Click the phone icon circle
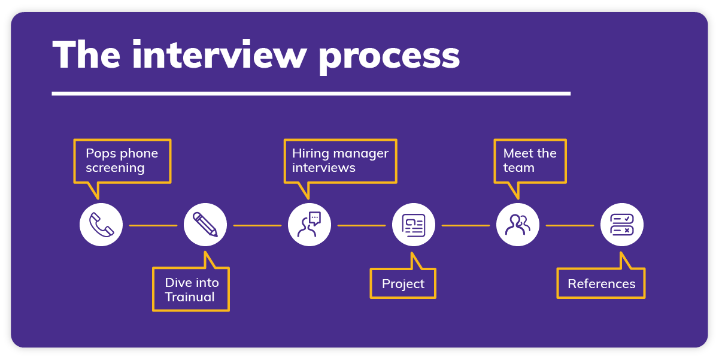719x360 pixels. click(101, 225)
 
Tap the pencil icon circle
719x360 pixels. click(205, 225)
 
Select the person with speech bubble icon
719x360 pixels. click(310, 225)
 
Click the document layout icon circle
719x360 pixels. click(414, 225)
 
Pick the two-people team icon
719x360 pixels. click(518, 225)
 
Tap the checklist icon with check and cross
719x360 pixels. click(622, 225)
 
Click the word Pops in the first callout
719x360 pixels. click(99, 153)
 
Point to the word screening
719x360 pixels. click(115, 168)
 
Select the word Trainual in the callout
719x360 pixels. click(190, 297)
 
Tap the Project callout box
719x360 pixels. click(403, 284)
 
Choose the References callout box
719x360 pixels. click(601, 284)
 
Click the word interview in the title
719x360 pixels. click(219, 56)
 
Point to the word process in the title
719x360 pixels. click(389, 56)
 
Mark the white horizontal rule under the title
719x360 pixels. click(311, 93)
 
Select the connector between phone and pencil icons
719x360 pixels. click(153, 225)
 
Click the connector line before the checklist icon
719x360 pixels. click(570, 225)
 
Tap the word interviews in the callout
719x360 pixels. click(323, 168)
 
